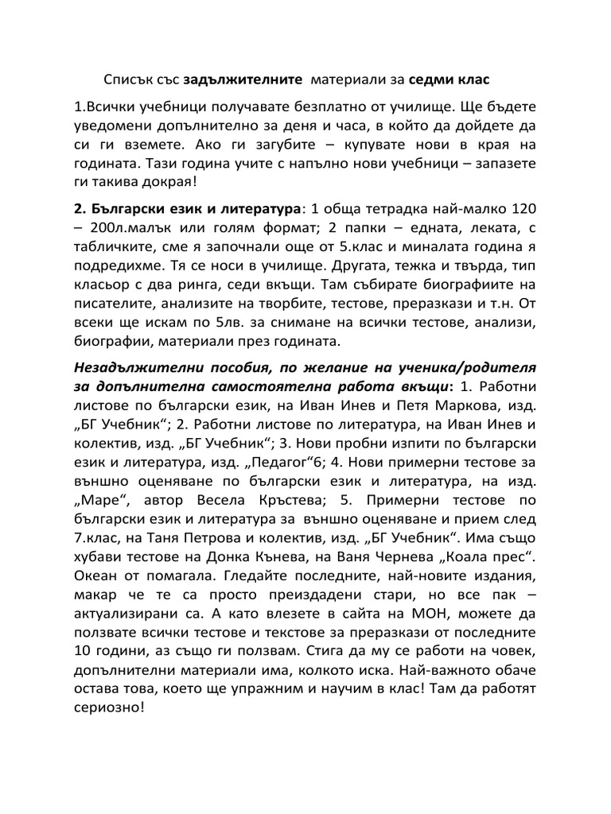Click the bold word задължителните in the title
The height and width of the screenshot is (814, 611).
[x=242, y=80]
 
